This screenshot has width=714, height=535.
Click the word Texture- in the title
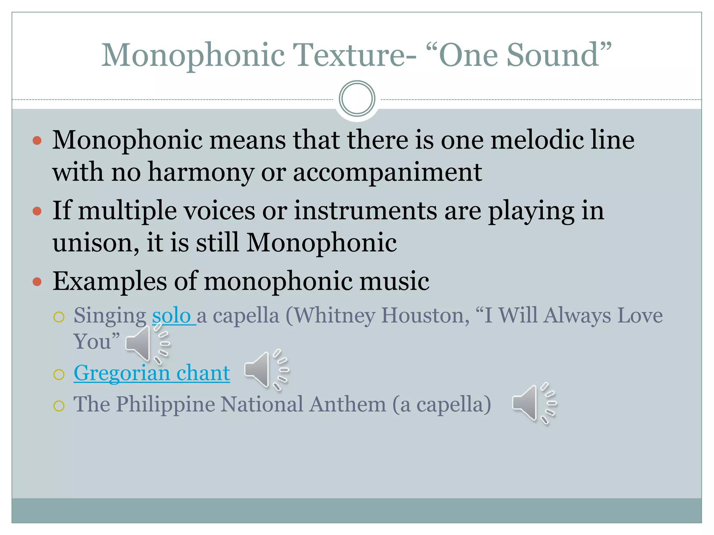click(354, 55)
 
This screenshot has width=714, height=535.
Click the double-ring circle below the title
click(357, 99)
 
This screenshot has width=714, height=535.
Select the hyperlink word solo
click(172, 316)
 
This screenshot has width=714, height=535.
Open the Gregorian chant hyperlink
click(152, 373)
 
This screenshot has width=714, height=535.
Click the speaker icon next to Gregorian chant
click(266, 370)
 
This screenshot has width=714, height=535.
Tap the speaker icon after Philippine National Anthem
click(534, 403)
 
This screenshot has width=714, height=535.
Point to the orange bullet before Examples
click(37, 281)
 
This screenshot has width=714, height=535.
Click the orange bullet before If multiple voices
click(37, 211)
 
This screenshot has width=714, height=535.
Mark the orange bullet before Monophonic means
click(37, 140)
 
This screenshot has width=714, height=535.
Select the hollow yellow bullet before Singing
click(59, 317)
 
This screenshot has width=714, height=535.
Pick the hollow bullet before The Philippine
click(59, 406)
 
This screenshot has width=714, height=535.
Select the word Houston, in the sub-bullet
click(425, 316)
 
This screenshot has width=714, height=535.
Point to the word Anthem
click(348, 404)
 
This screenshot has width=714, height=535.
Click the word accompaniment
click(387, 172)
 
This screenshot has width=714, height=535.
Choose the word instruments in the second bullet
click(365, 211)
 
